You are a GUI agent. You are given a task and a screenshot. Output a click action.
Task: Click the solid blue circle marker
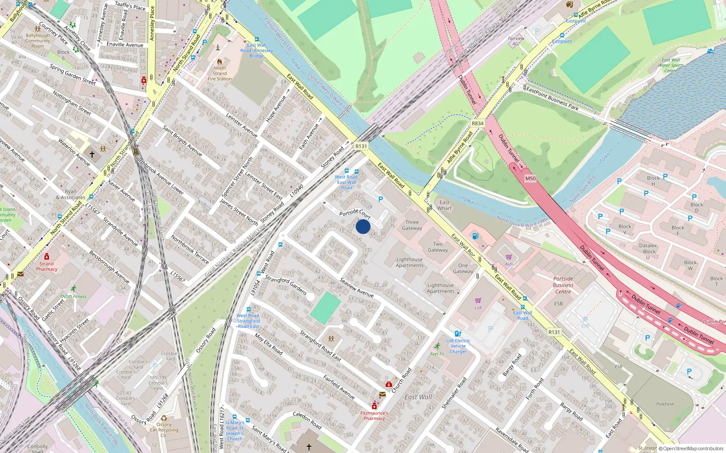363,226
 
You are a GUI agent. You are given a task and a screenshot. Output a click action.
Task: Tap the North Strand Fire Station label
220,73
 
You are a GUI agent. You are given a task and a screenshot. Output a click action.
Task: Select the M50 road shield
530,178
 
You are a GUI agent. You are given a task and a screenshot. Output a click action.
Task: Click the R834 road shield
477,123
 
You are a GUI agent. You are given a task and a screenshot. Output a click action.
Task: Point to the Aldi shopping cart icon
509,257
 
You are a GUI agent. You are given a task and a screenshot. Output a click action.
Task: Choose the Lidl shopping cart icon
478,300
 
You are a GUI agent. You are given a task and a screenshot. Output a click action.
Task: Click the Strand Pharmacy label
46,266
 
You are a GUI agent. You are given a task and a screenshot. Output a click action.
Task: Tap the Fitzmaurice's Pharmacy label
374,416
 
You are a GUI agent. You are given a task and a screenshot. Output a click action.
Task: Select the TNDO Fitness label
73,297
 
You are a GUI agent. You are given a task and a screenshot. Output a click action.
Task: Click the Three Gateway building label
412,225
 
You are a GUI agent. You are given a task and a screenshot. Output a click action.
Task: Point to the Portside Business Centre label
563,285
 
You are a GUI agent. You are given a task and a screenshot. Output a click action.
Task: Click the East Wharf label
445,206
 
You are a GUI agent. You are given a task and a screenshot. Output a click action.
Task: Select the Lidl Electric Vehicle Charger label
458,346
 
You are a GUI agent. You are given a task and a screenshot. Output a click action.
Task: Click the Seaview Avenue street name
357,288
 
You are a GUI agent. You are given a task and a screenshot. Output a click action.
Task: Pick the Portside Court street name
355,213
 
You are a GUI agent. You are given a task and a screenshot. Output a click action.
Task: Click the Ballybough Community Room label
38,41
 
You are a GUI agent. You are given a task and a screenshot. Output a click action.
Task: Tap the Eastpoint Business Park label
552,98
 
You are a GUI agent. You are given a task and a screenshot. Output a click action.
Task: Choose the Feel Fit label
437,354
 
